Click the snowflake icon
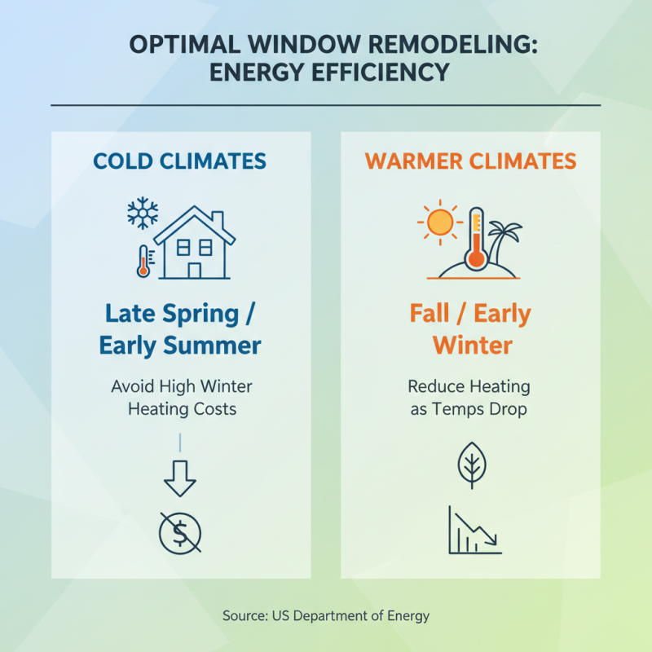pos(142,214)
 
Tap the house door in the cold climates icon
pos(195,270)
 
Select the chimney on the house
pos(218,219)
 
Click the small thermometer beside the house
pos(143,261)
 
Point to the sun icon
pos(440,222)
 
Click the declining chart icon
pos(475,531)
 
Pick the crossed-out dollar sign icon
pos(180,534)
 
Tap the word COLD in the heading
pos(125,161)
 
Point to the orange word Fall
pos(436,314)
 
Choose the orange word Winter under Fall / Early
pos(473,346)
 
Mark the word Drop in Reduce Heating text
pos(505,409)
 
